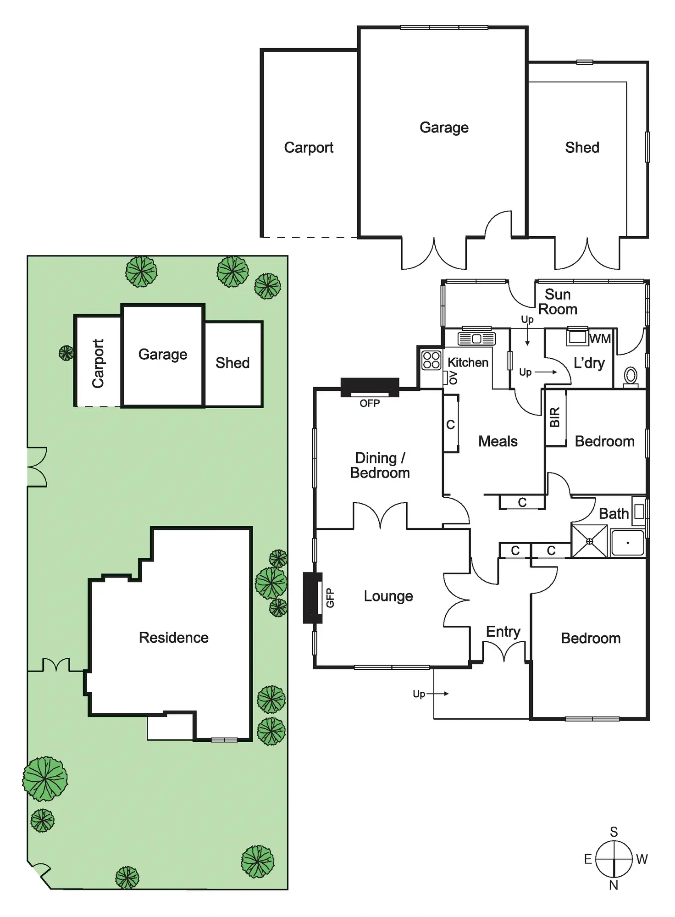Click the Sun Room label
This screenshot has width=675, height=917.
coord(558,302)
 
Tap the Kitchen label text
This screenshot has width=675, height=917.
coord(468,362)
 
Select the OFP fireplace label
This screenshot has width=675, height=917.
coord(370,403)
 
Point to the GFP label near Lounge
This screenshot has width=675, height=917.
coord(330,598)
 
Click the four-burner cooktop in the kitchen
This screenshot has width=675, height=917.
coord(431,360)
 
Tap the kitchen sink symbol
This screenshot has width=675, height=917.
coord(476,339)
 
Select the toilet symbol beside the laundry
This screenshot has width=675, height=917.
coord(631,376)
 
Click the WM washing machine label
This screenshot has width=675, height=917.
coord(600,339)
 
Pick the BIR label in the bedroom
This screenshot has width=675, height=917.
coord(555,417)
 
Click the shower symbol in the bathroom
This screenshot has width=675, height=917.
coord(589,542)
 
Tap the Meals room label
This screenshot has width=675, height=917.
coord(498,441)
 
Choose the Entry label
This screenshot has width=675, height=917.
coord(503,632)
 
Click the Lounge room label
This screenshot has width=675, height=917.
coord(388,596)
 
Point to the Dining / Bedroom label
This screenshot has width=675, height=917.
coord(380,465)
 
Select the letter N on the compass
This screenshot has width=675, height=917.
coord(614,885)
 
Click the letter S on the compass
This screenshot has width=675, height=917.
coord(614,832)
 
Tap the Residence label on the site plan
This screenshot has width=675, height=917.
coord(174,638)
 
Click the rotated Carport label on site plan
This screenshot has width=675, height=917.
coord(98,363)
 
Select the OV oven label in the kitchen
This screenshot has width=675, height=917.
coord(453,378)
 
